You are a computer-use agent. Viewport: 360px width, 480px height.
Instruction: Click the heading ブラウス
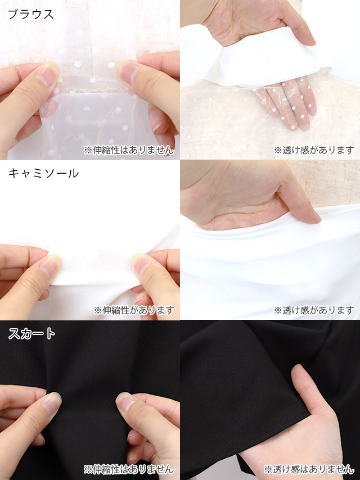[x=30, y=15]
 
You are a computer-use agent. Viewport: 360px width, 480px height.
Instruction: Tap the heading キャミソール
[x=43, y=174]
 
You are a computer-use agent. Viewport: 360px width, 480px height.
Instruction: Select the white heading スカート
[x=31, y=334]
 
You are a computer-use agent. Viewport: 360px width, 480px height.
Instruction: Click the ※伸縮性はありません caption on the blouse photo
[x=129, y=150]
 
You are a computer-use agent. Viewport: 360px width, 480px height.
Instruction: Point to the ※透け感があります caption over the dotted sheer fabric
[x=314, y=150]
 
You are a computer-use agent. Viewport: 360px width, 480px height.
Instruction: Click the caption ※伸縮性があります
[x=134, y=310]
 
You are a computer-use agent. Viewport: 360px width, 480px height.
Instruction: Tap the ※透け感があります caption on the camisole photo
[x=314, y=310]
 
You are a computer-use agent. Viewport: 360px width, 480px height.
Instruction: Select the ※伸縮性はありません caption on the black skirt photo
[x=129, y=469]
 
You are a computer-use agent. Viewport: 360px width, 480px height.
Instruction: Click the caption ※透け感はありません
[x=309, y=469]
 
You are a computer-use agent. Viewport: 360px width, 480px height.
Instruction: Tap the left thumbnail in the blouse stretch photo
[x=47, y=74]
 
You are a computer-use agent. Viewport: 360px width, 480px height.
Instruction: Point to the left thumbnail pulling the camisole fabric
[x=49, y=266]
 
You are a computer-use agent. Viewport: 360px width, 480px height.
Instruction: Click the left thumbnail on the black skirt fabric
[x=51, y=404]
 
